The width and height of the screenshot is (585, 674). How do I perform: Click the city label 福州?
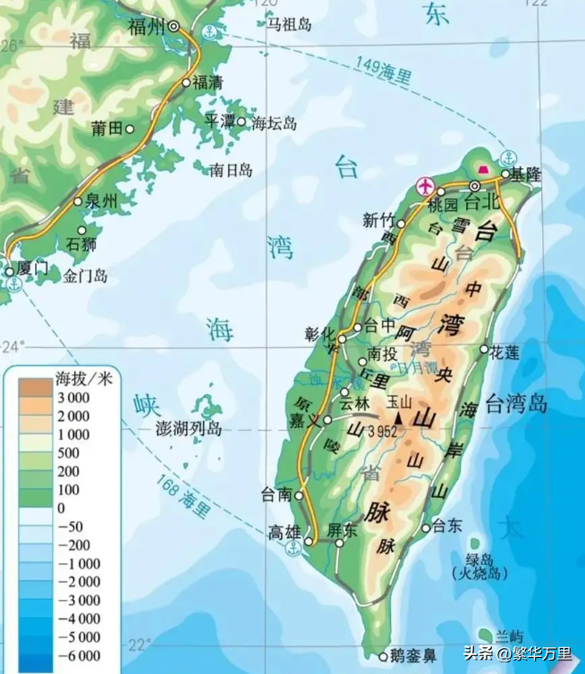click(x=146, y=27)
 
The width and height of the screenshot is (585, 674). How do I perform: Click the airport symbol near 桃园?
click(x=425, y=187)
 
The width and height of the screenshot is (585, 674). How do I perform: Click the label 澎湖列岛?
click(x=189, y=429)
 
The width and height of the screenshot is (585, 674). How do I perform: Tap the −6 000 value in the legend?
click(x=78, y=656)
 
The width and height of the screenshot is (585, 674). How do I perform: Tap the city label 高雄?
click(x=284, y=533)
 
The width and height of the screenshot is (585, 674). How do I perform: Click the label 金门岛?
click(x=86, y=277)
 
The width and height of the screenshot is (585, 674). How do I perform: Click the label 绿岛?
click(x=472, y=556)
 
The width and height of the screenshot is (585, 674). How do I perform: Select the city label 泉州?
click(x=101, y=202)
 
